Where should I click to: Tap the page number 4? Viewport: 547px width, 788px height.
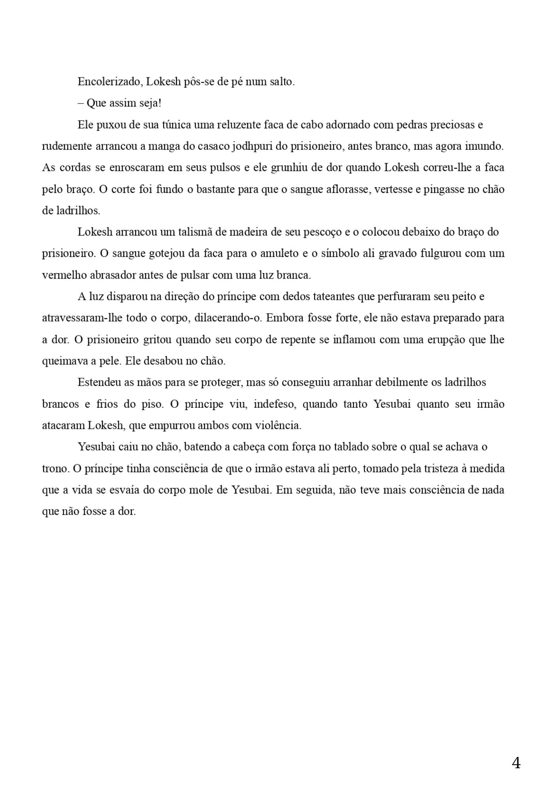(516, 763)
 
